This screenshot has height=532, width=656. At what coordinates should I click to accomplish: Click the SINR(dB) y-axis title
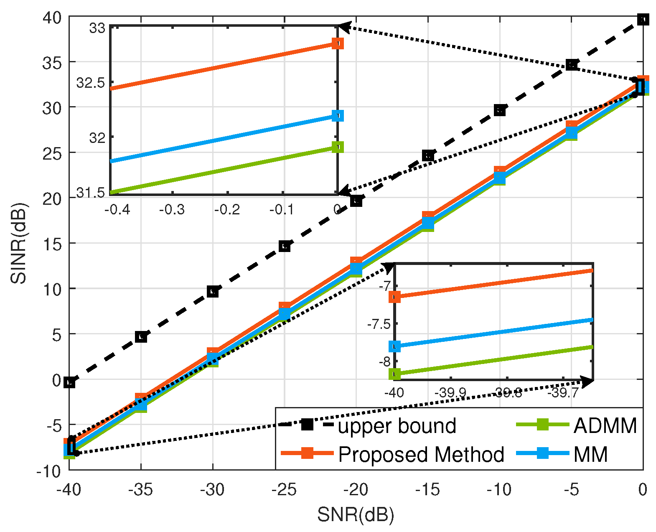tap(19, 243)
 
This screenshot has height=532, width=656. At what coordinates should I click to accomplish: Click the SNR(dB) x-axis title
tap(356, 515)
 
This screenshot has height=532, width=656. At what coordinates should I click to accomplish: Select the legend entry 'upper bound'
tap(397, 426)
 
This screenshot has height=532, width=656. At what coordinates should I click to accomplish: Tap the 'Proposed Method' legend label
tap(421, 454)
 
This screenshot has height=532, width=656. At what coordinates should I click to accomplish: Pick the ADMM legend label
tap(605, 426)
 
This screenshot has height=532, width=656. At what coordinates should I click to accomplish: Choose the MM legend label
tap(590, 454)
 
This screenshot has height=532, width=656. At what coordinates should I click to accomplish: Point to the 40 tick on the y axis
tap(52, 17)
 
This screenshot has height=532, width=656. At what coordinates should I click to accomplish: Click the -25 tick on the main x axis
tap(284, 489)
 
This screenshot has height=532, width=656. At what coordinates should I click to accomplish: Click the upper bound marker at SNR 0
tap(643, 20)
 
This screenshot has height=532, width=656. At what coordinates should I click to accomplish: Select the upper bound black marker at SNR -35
tap(141, 336)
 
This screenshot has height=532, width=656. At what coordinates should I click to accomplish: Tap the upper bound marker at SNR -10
tap(500, 110)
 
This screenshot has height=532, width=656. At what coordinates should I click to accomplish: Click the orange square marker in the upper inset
tap(338, 43)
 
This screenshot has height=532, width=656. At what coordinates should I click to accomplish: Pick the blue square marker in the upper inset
tap(338, 116)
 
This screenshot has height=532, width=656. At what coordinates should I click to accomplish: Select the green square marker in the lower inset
tap(394, 374)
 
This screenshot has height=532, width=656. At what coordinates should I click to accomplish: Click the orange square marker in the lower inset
tap(394, 297)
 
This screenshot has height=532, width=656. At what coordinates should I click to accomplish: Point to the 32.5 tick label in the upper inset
tap(91, 83)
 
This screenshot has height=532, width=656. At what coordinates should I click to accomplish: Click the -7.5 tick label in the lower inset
tap(379, 324)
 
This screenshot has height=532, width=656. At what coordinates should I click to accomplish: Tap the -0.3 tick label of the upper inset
tap(172, 209)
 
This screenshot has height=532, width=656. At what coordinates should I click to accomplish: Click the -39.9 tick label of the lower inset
tap(450, 393)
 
